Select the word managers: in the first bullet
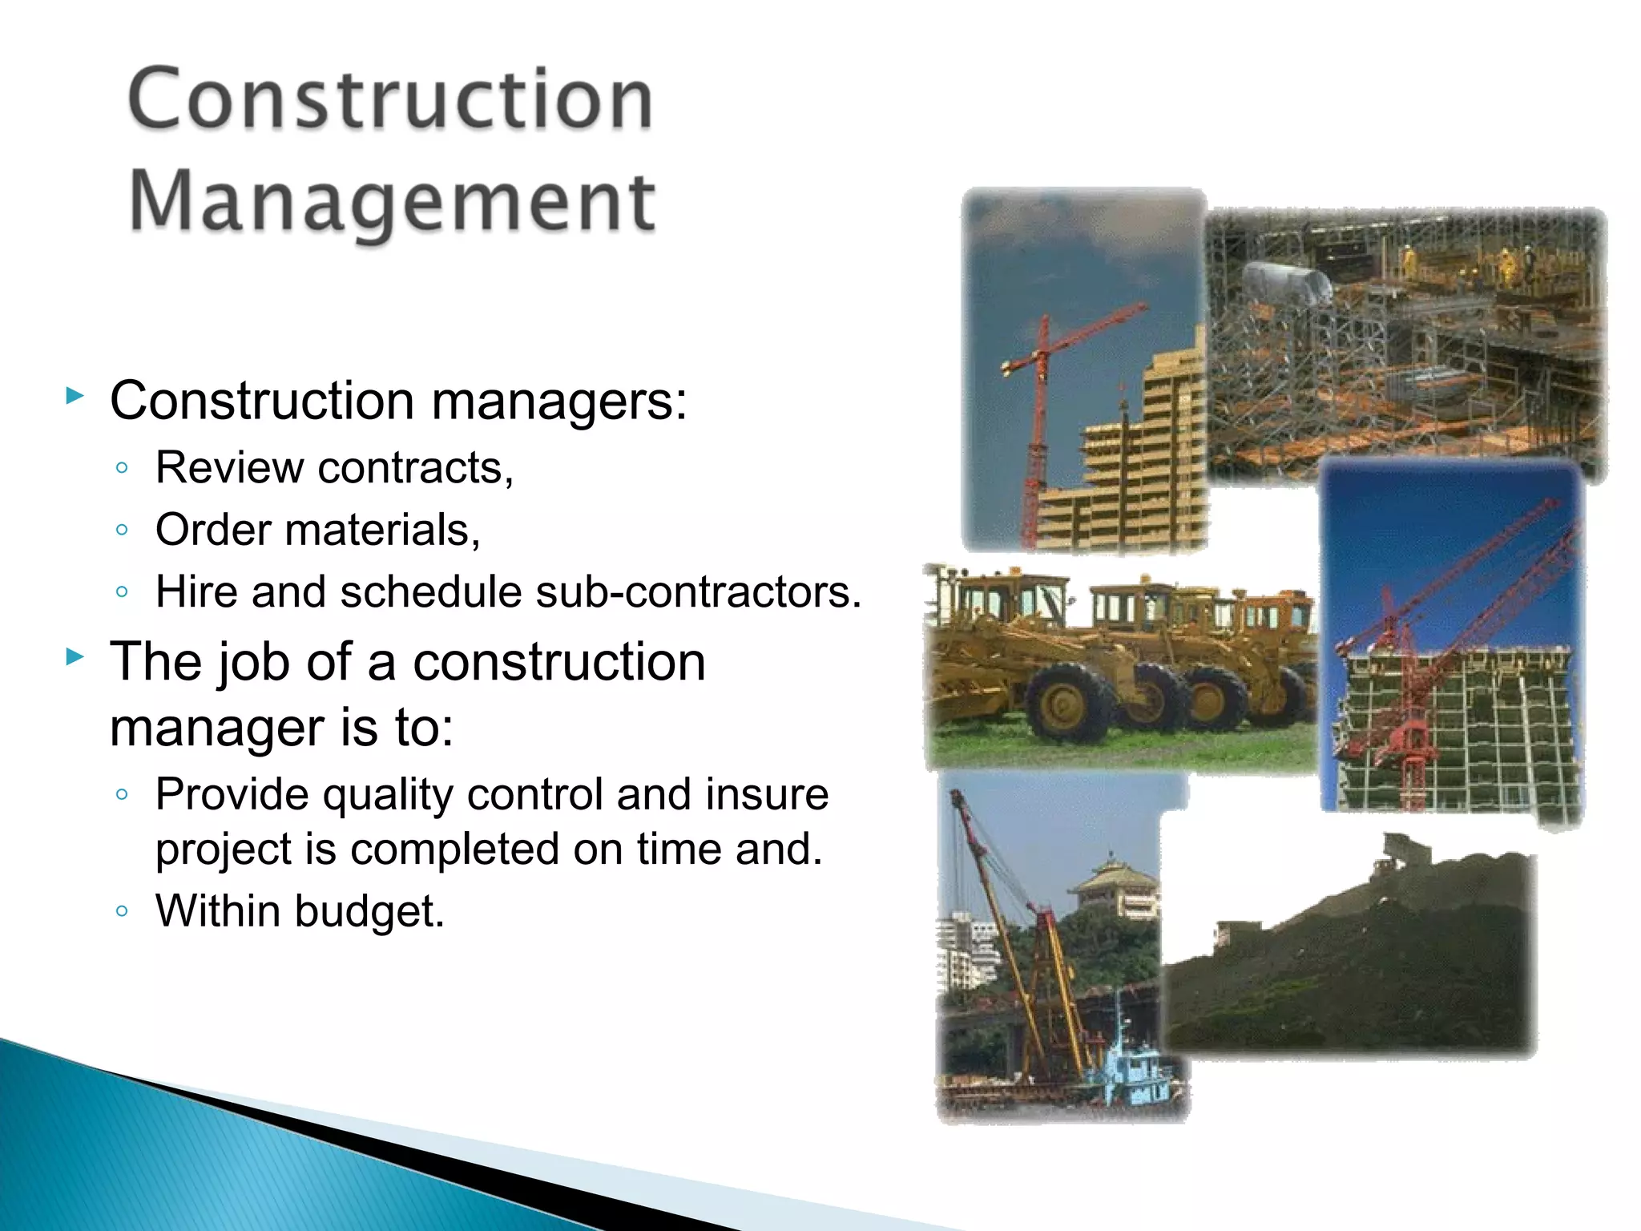(x=559, y=400)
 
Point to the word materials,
(x=382, y=530)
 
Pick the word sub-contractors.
(x=698, y=591)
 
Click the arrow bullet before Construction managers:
(x=75, y=395)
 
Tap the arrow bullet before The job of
(x=75, y=657)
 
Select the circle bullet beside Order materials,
(x=122, y=529)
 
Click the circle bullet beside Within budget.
(x=122, y=910)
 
